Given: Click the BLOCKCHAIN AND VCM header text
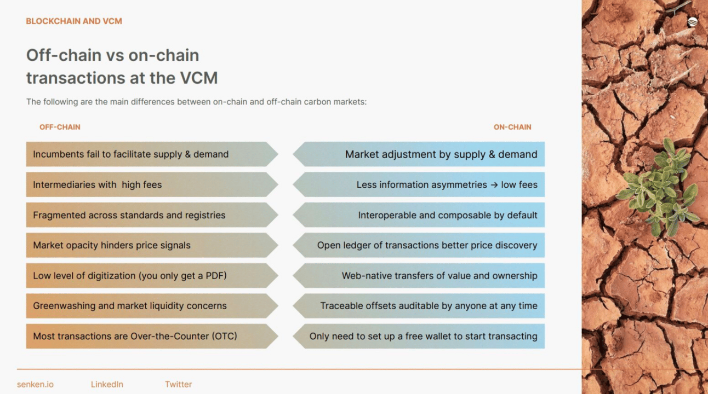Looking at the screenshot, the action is [74, 21].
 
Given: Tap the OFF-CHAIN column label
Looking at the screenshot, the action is [60, 127].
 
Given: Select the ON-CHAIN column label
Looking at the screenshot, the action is [512, 127].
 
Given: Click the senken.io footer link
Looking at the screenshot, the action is [36, 384].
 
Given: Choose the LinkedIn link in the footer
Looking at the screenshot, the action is [107, 384].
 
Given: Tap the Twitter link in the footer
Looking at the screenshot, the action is [178, 384].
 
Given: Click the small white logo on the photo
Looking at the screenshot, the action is [692, 22].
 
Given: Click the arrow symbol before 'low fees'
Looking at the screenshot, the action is [494, 185].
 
